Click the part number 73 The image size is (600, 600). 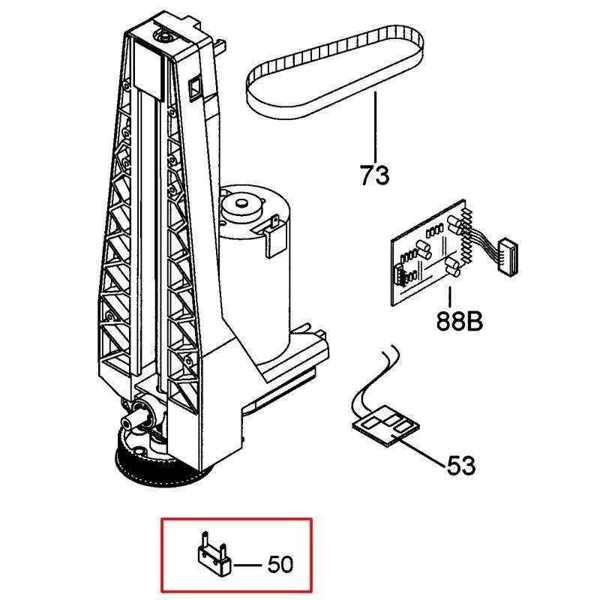(374, 175)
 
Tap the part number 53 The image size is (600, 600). (460, 466)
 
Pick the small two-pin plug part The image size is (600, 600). (211, 553)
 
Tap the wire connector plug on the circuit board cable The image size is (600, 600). (509, 247)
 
